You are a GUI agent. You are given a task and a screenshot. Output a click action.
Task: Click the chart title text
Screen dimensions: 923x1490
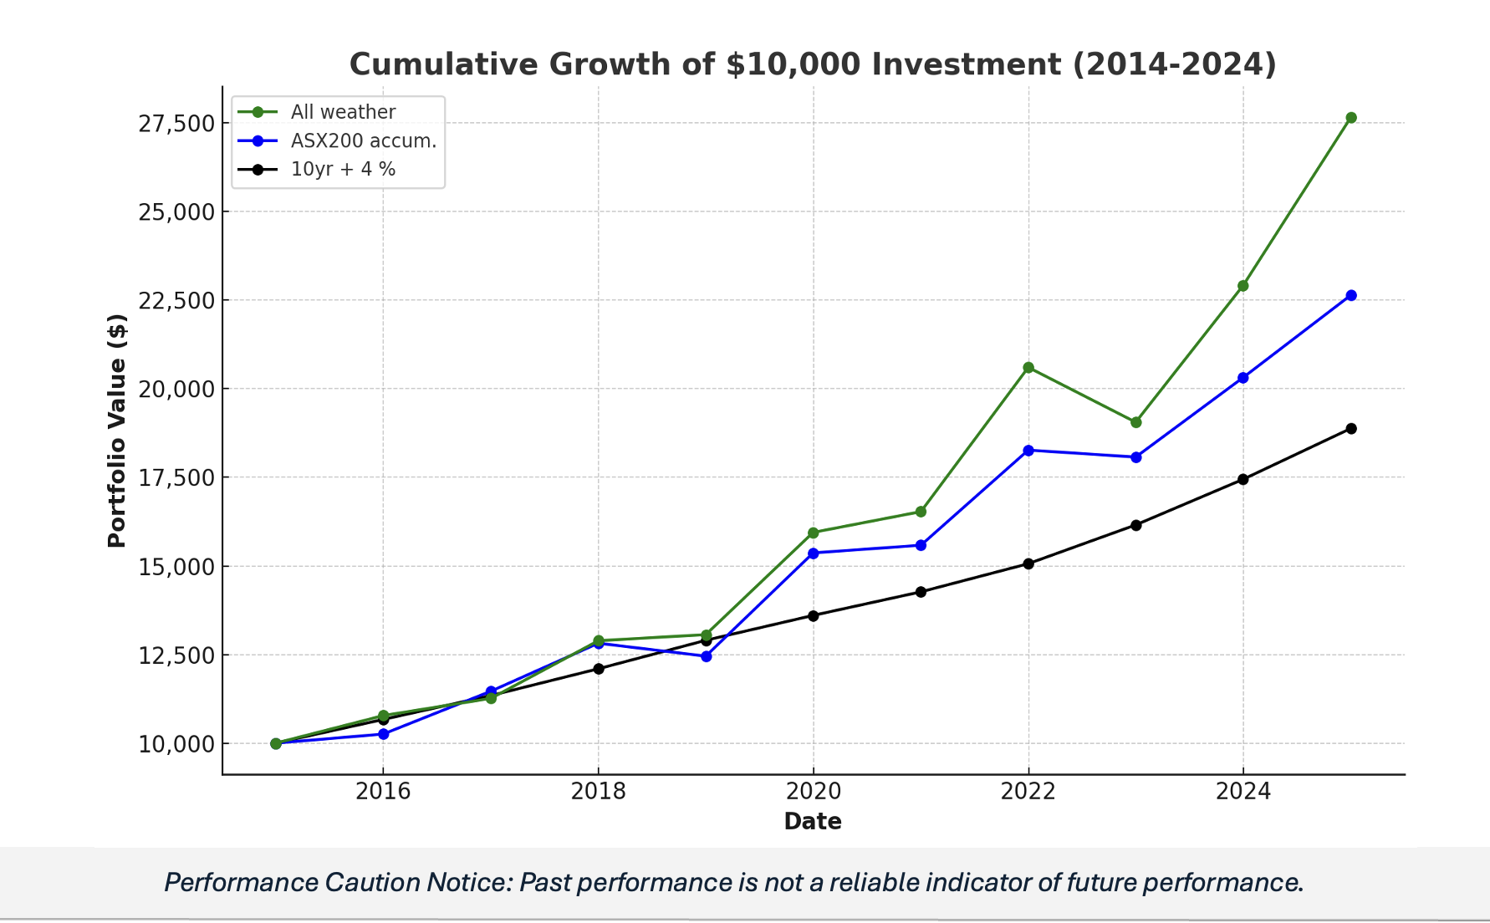(812, 64)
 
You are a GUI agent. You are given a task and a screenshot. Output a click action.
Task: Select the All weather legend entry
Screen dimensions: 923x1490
(343, 112)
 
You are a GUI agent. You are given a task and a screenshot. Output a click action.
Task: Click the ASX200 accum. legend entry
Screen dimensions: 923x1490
(363, 140)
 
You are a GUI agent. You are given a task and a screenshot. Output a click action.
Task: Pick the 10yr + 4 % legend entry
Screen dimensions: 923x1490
(343, 169)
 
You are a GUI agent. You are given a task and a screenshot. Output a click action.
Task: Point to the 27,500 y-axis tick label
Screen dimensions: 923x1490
(176, 124)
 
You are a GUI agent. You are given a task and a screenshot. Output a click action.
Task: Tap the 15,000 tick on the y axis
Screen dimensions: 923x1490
(176, 567)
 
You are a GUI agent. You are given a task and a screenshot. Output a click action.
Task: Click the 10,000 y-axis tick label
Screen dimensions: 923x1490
(176, 744)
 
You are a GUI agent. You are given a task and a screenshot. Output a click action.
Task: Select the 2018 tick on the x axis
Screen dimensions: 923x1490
(598, 791)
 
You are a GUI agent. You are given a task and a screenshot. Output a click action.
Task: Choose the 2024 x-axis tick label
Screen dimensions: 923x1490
(1243, 791)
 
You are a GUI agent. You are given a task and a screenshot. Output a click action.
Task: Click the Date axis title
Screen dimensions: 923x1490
(812, 822)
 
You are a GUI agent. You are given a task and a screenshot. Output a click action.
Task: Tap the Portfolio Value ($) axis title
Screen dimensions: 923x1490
(117, 431)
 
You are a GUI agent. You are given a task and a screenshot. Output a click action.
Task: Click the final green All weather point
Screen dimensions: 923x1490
(1350, 118)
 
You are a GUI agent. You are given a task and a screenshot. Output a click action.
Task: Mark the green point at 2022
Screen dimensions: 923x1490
(1028, 368)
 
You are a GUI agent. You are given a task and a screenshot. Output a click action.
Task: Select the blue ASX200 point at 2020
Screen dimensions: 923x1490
(814, 553)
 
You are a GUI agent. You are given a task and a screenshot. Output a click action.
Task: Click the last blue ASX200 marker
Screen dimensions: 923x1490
(1350, 295)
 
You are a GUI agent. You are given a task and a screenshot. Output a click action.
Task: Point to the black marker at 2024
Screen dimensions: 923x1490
(1243, 479)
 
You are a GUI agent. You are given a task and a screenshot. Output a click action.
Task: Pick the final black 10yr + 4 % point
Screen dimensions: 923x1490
(1350, 429)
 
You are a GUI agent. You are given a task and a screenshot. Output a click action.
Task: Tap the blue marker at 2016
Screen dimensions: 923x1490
(383, 734)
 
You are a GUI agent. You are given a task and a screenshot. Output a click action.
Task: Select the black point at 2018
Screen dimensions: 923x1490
(598, 669)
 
